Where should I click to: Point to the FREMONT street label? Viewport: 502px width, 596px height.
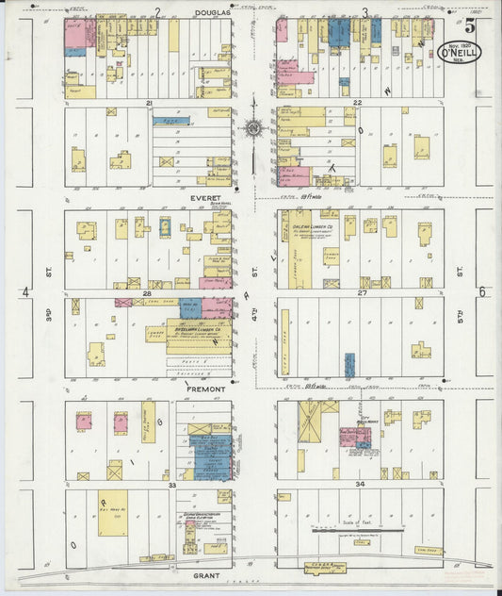pos(206,389)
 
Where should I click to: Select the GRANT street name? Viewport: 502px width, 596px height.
pos(206,572)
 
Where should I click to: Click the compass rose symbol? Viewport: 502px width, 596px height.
pos(253,127)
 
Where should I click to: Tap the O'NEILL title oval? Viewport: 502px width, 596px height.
pos(462,53)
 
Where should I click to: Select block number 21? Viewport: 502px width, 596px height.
pos(149,102)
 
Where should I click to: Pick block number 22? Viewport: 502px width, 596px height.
pos(357,102)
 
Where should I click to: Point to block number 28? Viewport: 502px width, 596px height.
pos(148,294)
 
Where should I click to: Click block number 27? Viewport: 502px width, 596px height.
pos(362,293)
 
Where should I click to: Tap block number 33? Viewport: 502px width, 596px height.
pos(172,485)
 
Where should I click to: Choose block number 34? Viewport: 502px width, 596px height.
pos(359,485)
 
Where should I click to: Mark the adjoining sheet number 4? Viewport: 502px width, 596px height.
pos(25,293)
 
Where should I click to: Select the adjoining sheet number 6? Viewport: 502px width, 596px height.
pos(481,292)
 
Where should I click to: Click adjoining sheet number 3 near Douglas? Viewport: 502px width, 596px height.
pos(364,13)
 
